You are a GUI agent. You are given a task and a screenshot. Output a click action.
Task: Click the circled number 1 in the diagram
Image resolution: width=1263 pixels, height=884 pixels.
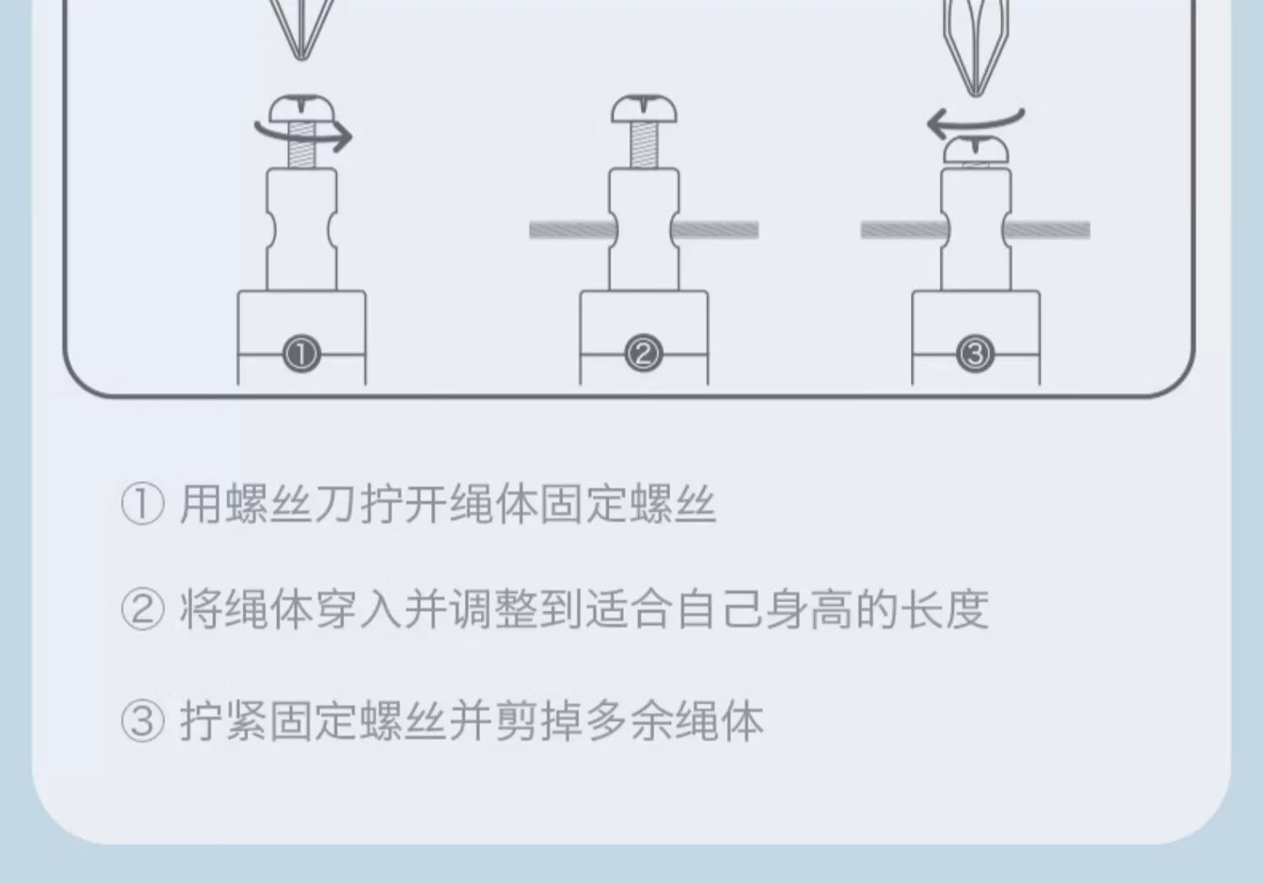301,354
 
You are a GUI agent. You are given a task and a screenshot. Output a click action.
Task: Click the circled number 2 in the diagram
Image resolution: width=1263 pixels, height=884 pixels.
643,354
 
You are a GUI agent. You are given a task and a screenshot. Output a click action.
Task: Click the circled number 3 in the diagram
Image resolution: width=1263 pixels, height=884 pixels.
975,354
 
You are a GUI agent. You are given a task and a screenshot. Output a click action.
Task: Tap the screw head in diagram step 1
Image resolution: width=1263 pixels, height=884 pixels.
302,109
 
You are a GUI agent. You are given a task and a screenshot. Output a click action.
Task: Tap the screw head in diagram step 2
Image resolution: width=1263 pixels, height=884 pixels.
644,109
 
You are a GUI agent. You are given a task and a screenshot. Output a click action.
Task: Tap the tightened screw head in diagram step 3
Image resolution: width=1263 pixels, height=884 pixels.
975,150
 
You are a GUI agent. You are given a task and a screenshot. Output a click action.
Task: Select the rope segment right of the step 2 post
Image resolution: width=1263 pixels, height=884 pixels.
717,230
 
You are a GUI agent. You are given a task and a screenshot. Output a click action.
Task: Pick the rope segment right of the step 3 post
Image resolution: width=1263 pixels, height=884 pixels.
1047,230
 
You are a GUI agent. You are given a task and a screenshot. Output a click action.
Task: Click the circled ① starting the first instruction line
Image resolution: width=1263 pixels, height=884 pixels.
142,504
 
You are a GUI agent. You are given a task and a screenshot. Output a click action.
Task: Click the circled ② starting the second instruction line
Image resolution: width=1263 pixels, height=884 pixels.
142,610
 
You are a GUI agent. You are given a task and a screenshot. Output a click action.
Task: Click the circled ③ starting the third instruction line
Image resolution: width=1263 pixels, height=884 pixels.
142,722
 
